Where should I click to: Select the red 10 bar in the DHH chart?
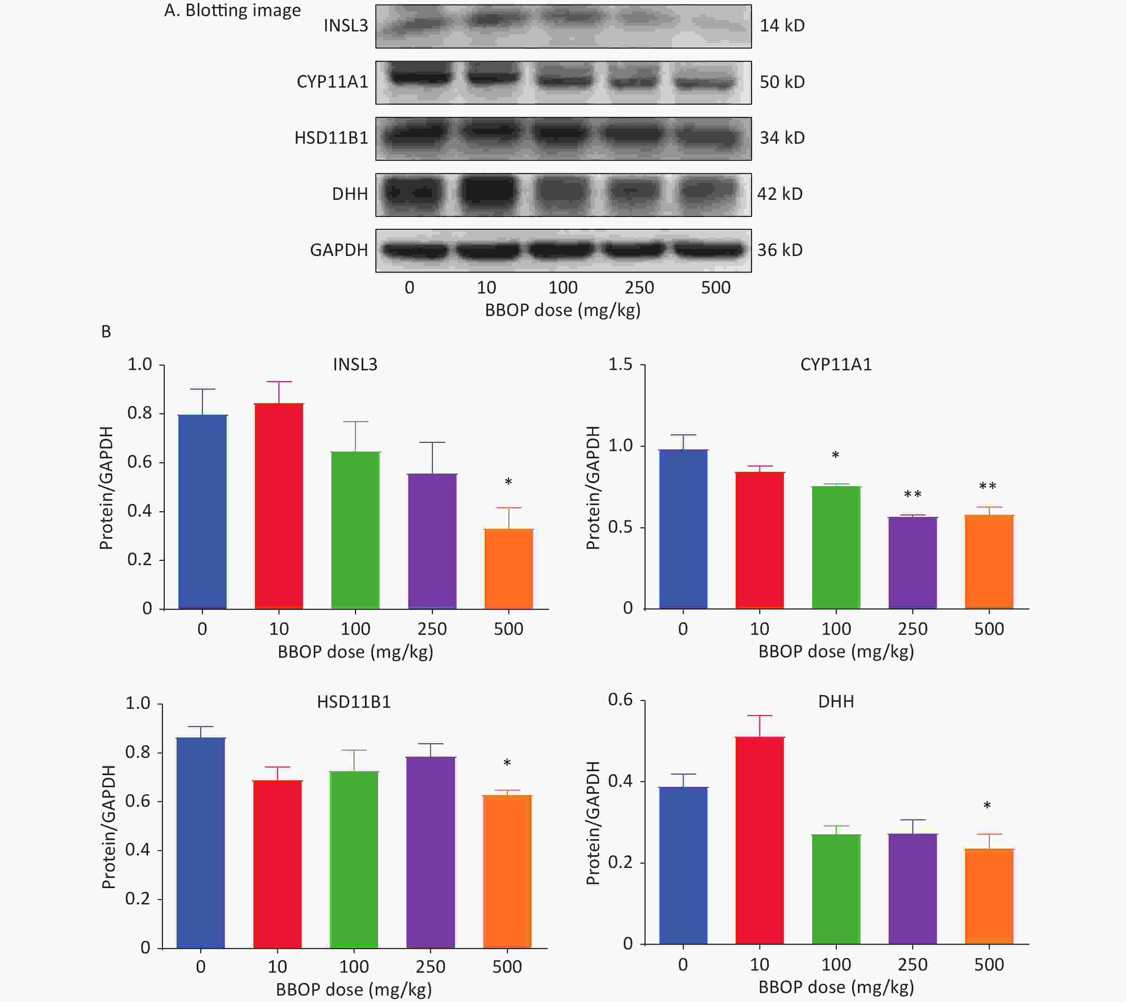tap(759, 840)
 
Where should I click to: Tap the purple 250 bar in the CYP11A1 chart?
tap(912, 562)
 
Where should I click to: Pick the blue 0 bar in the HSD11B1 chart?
tap(201, 843)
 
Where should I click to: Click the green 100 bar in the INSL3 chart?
tap(355, 530)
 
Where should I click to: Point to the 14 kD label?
tap(782, 25)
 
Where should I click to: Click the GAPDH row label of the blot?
tap(339, 250)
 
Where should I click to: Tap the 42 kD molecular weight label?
tap(780, 194)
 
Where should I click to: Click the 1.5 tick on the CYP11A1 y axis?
tap(620, 365)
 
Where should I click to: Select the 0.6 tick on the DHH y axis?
tap(620, 700)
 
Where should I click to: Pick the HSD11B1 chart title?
tap(354, 702)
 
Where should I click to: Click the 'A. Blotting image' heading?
tap(232, 10)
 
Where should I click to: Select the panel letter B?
tap(106, 332)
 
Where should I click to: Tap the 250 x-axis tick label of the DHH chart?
tap(912, 964)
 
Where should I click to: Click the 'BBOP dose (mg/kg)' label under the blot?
tap(562, 311)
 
